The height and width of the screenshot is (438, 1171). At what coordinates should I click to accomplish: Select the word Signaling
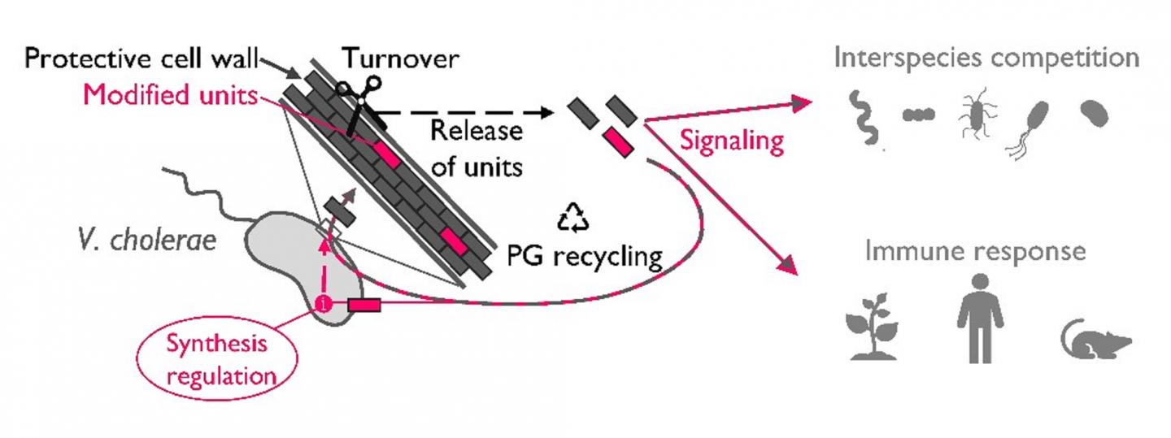[x=732, y=141]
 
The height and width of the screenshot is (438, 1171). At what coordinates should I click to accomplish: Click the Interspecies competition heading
[x=985, y=59]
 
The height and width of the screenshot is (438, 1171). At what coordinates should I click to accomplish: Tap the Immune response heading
[x=975, y=251]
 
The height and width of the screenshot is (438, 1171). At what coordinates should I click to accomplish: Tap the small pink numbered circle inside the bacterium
[x=324, y=306]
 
